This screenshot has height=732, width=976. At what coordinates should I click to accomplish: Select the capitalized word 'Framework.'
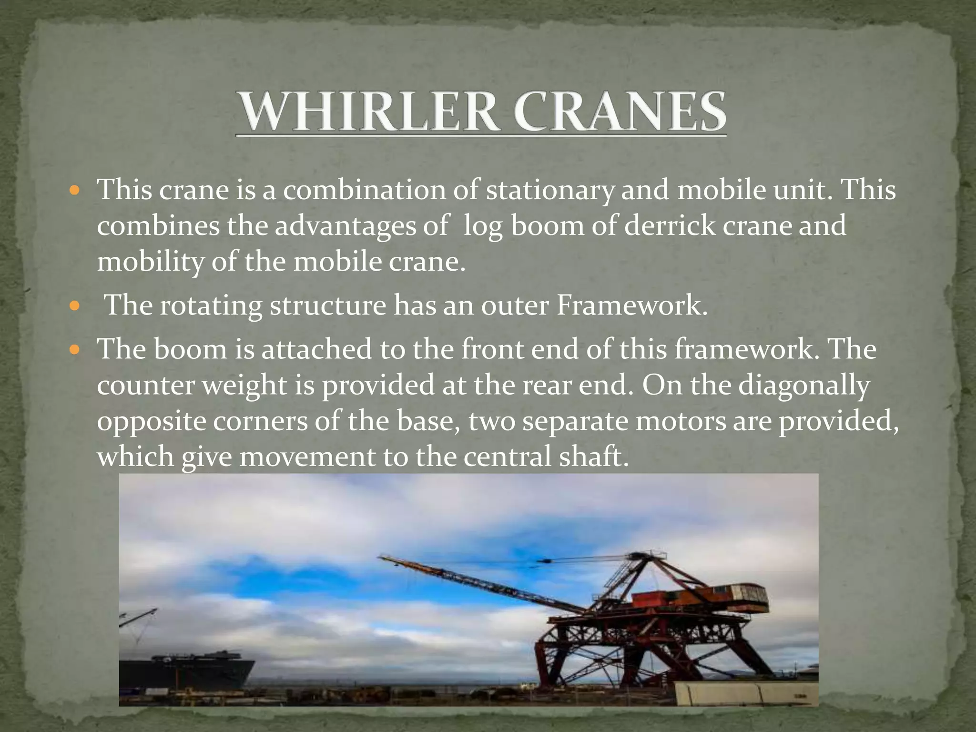coord(631,305)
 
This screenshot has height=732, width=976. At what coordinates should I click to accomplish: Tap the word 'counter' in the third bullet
coord(145,386)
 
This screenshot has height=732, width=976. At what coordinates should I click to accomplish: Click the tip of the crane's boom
coord(381,557)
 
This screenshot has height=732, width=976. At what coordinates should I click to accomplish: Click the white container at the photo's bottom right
coord(743,694)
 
